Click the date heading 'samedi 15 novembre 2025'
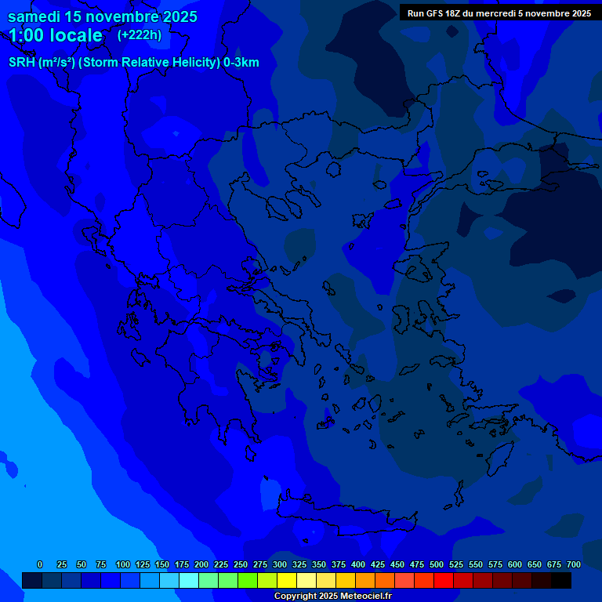pyautogui.click(x=103, y=16)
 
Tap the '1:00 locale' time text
pyautogui.click(x=56, y=35)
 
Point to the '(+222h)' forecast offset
pyautogui.click(x=140, y=34)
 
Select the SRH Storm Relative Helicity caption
pyautogui.click(x=134, y=63)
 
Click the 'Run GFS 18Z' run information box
pyautogui.click(x=499, y=13)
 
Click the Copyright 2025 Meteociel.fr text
pyautogui.click(x=332, y=596)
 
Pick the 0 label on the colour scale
pyautogui.click(x=40, y=564)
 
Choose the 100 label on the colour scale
pyautogui.click(x=123, y=564)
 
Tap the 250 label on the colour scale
pyautogui.click(x=241, y=564)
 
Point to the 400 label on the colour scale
pyautogui.click(x=358, y=564)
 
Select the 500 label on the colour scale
pyautogui.click(x=437, y=564)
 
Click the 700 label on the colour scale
pyautogui.click(x=574, y=564)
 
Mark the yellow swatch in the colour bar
pyautogui.click(x=287, y=580)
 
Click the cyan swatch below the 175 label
pyautogui.click(x=189, y=580)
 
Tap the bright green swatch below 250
pyautogui.click(x=248, y=580)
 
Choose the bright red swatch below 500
pyautogui.click(x=444, y=580)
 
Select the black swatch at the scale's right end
pyautogui.click(x=561, y=580)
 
